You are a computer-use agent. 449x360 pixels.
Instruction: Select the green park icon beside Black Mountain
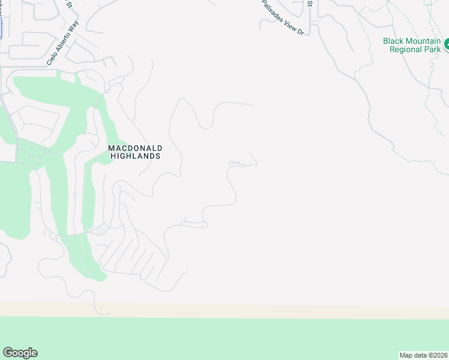447,44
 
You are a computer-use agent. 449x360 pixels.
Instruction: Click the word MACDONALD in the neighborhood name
135,148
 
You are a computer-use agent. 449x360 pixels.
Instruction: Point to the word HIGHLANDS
136,156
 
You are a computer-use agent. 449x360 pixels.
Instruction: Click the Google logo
20,353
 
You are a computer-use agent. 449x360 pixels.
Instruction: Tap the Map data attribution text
424,355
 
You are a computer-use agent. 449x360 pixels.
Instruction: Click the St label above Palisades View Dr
310,3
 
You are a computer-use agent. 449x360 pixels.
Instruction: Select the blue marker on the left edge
1,27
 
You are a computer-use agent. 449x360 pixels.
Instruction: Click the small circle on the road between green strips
75,194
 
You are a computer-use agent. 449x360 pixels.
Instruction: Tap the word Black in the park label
394,41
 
